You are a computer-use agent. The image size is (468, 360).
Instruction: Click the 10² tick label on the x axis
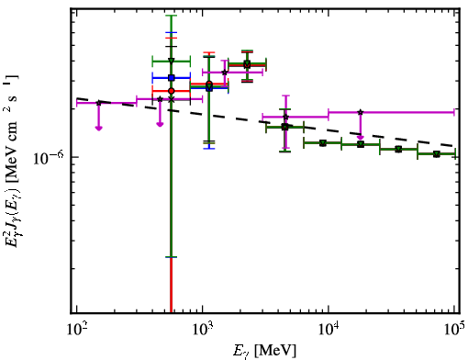[x=76, y=330]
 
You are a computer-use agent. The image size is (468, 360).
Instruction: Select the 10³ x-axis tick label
[x=203, y=330]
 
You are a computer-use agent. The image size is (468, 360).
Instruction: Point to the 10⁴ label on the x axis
[x=329, y=330]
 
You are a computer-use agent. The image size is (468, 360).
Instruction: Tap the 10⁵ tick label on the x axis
[x=455, y=330]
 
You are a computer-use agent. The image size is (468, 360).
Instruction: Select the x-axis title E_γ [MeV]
[x=264, y=351]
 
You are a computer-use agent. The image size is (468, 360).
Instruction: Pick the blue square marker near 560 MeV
[x=172, y=78]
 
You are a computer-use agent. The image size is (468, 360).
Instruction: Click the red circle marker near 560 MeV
[x=172, y=91]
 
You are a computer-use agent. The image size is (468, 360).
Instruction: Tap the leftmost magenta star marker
[x=98, y=103]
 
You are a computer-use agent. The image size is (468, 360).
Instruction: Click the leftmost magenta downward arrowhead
[x=98, y=128]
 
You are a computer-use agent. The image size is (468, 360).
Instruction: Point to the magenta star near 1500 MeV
[x=225, y=73]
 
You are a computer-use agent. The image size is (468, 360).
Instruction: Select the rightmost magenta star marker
[x=361, y=112]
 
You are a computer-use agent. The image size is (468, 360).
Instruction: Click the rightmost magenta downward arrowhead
[x=361, y=137]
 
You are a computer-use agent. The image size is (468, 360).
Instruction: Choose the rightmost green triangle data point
[x=437, y=154]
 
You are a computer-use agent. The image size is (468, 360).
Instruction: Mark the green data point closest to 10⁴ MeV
[x=323, y=143]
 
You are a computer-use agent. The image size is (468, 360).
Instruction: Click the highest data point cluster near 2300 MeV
[x=247, y=64]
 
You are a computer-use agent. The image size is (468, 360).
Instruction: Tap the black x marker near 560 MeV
[x=172, y=99]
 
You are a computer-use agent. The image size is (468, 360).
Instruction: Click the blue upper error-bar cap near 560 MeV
[x=172, y=32]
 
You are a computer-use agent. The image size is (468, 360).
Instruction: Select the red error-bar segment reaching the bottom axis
[x=171, y=286]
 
